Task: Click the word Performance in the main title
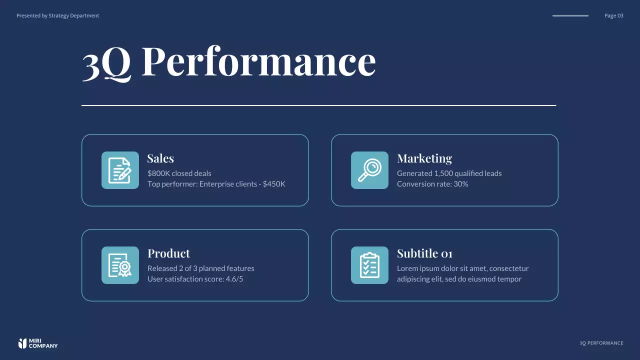point(258,61)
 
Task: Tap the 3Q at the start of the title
point(106,62)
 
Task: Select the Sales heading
point(160,158)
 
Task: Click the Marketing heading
point(424,158)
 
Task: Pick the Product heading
point(168,253)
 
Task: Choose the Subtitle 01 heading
point(424,253)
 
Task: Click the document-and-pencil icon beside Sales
point(120,170)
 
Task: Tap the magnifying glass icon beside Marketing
point(369,170)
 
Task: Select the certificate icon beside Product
point(120,265)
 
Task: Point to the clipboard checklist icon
point(369,265)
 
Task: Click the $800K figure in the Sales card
point(158,173)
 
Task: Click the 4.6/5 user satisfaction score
point(234,279)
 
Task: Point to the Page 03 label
point(613,15)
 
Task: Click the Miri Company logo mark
point(22,343)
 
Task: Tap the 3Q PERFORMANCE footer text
point(601,343)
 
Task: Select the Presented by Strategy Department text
point(57,15)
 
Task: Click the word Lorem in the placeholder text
point(407,268)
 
